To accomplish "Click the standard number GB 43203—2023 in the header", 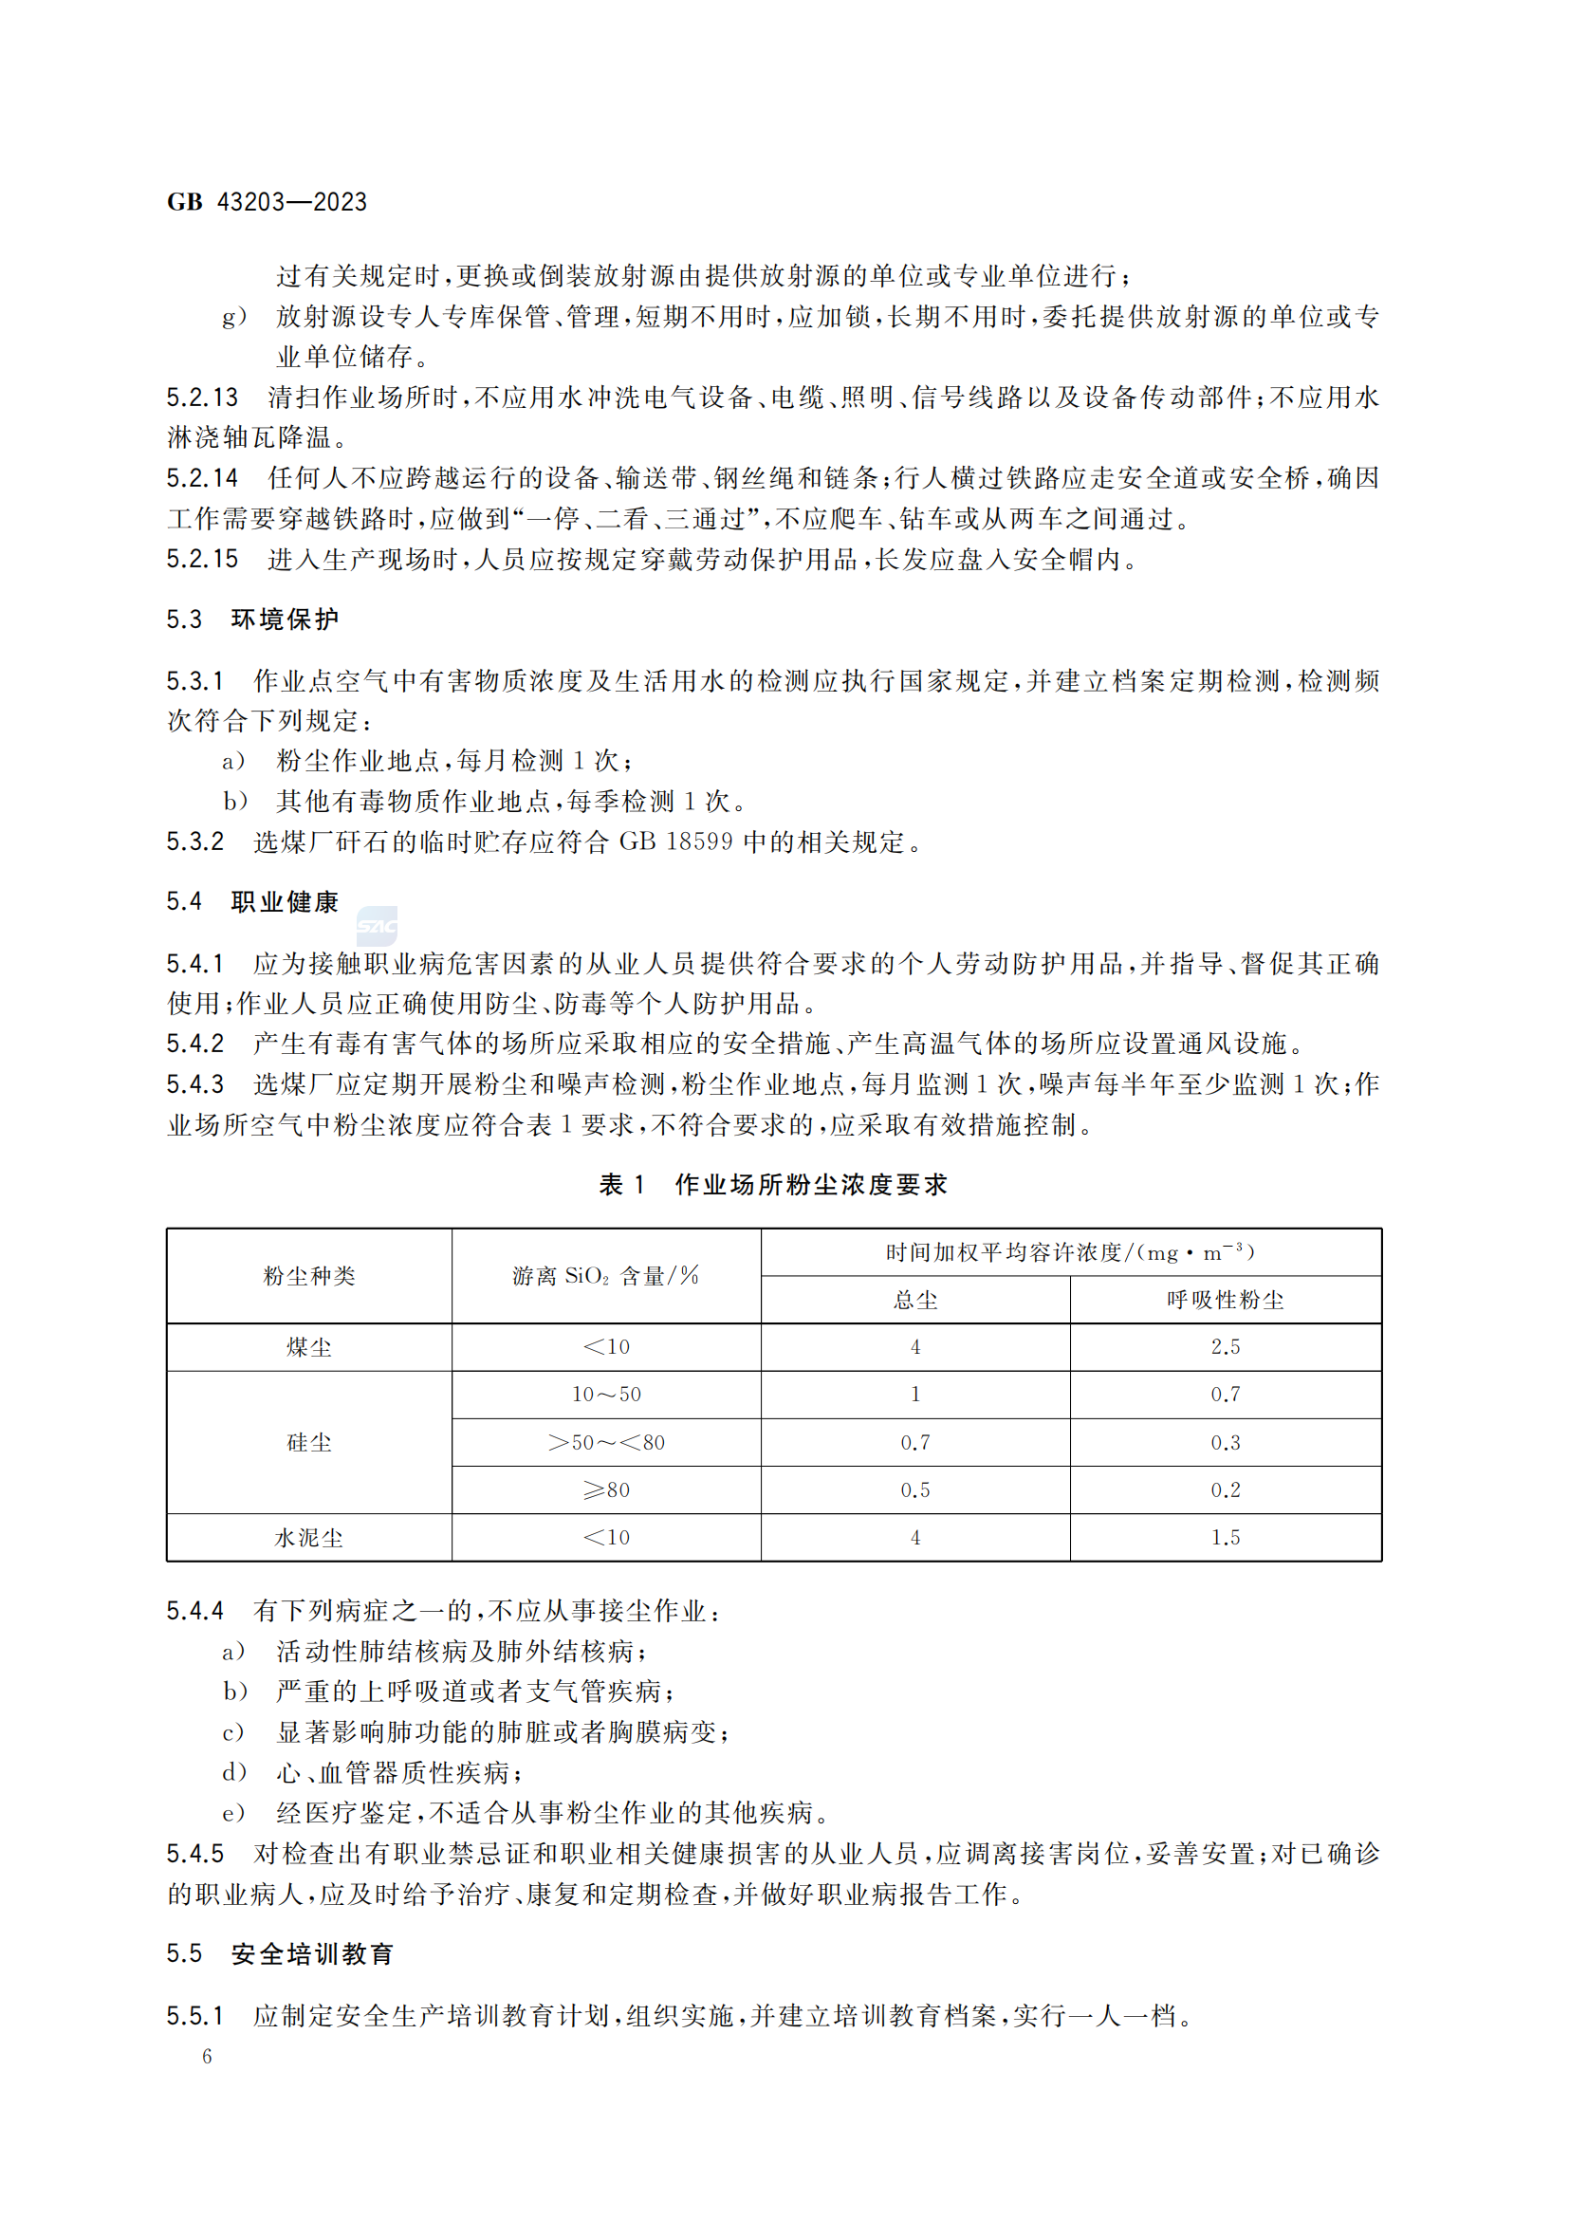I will (267, 202).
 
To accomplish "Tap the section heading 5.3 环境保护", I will (252, 619).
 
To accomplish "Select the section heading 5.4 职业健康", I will (252, 901).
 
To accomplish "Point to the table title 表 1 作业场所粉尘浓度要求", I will (773, 1185).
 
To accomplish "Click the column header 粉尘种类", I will (309, 1276).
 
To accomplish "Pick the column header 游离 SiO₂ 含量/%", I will (606, 1276).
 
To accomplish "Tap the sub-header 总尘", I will (914, 1300).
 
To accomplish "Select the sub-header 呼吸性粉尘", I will (1225, 1300).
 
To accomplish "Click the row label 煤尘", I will (309, 1347).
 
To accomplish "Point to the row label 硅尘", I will (309, 1442).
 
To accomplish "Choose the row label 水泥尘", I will (309, 1538).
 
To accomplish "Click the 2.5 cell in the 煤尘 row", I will (1225, 1347).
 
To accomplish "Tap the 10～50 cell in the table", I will (606, 1395).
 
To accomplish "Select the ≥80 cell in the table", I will (606, 1490).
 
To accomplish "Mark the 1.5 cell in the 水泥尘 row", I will (1225, 1538).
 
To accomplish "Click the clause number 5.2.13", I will (202, 398).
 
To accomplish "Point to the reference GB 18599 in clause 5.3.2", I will (675, 841).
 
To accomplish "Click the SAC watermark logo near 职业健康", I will (377, 926).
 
